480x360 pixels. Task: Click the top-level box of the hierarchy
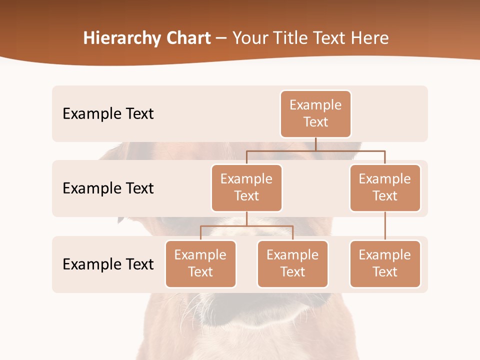pyautogui.click(x=315, y=113)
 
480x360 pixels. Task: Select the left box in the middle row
pyautogui.click(x=246, y=187)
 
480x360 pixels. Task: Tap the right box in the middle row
pyautogui.click(x=385, y=187)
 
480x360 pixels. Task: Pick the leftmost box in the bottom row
pyautogui.click(x=200, y=263)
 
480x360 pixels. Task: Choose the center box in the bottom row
pyautogui.click(x=292, y=263)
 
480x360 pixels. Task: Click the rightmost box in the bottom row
pyautogui.click(x=385, y=263)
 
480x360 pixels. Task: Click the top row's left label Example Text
pyautogui.click(x=108, y=113)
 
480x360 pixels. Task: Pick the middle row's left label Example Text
pyautogui.click(x=108, y=188)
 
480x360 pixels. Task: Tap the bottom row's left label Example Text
pyautogui.click(x=108, y=264)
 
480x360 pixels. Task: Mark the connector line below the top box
pyautogui.click(x=315, y=144)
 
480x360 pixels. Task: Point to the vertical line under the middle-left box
pyautogui.click(x=246, y=218)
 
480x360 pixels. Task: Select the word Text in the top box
pyautogui.click(x=315, y=122)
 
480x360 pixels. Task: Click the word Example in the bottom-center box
pyautogui.click(x=292, y=255)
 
